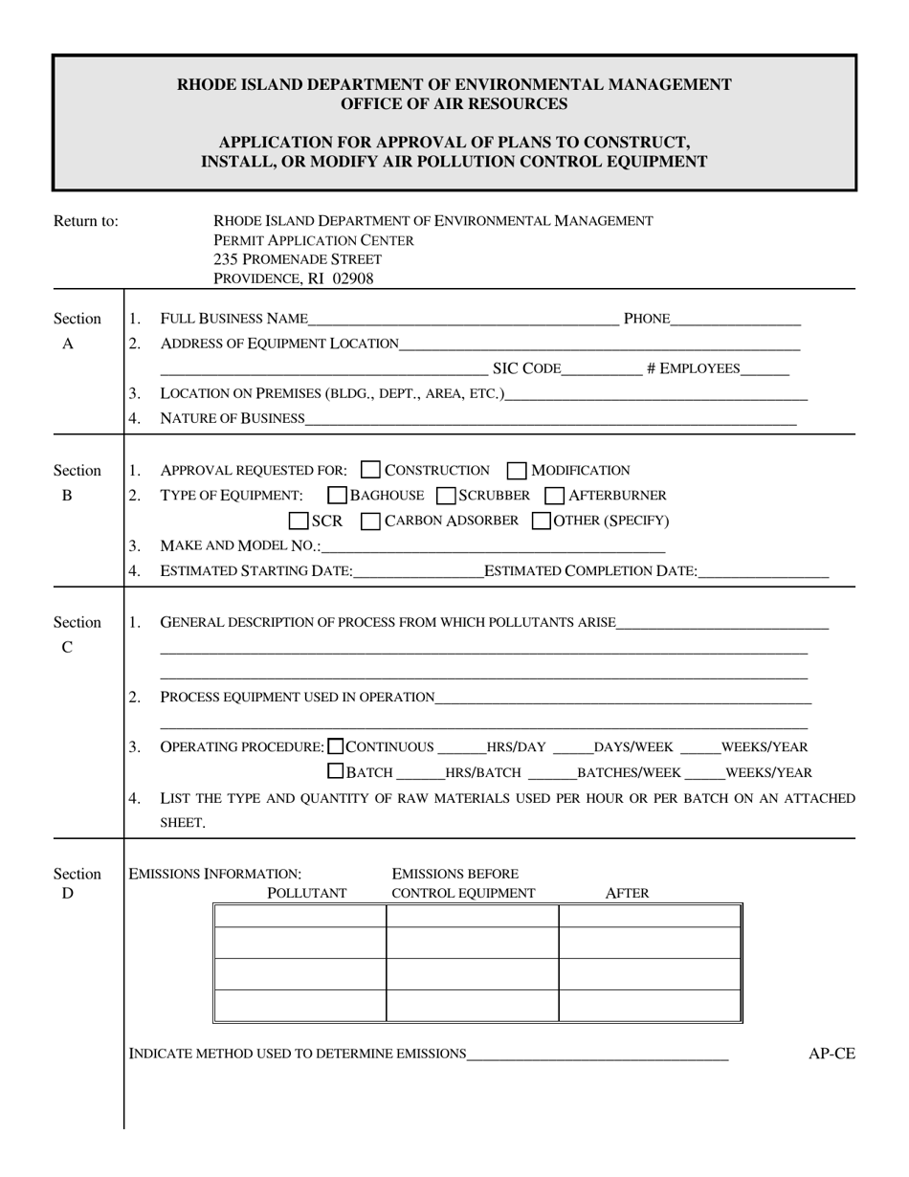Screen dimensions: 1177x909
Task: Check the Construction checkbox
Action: (x=371, y=470)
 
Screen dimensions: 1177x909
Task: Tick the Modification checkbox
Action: (x=517, y=470)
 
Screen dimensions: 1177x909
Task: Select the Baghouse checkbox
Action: (x=338, y=496)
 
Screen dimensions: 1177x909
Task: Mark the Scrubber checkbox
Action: (x=445, y=496)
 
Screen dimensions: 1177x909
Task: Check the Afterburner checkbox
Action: (x=554, y=496)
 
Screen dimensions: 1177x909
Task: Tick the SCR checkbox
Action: (x=299, y=522)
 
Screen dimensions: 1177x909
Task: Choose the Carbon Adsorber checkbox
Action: (x=371, y=522)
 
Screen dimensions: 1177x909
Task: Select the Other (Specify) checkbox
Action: (x=541, y=522)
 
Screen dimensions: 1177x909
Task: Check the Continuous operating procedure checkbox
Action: (x=336, y=746)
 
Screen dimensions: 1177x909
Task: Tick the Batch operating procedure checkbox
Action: (x=336, y=771)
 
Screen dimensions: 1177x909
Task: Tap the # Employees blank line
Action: (x=765, y=369)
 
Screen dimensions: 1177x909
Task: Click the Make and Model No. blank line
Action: (x=493, y=547)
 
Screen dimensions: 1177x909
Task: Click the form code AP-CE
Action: (x=831, y=1055)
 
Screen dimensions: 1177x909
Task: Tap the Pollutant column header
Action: (x=306, y=894)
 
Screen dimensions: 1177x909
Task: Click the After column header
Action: (x=628, y=894)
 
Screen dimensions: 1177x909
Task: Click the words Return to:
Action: (x=86, y=221)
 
